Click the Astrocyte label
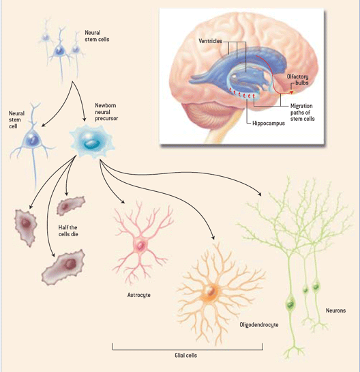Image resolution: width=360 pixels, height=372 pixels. pyautogui.click(x=139, y=295)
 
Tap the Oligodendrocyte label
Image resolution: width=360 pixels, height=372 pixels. pyautogui.click(x=259, y=325)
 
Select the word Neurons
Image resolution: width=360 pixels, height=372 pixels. pyautogui.click(x=335, y=311)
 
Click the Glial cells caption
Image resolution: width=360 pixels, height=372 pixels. pyautogui.click(x=186, y=355)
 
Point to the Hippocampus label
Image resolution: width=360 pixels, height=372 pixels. pyautogui.click(x=269, y=124)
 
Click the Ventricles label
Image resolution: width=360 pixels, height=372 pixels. pyautogui.click(x=211, y=41)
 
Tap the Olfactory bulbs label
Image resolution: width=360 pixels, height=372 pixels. pyautogui.click(x=298, y=80)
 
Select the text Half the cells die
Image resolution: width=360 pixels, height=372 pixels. pyautogui.click(x=68, y=231)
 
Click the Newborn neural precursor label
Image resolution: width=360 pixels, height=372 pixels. pyautogui.click(x=106, y=112)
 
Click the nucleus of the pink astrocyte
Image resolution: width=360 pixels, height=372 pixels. pyautogui.click(x=140, y=245)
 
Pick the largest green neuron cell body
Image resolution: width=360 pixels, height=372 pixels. pyautogui.click(x=290, y=304)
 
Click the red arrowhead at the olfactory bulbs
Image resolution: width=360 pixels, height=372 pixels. pyautogui.click(x=292, y=92)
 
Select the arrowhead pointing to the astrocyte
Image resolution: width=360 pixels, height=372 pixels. pyautogui.click(x=123, y=201)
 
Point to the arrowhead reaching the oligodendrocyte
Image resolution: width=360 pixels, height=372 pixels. pyautogui.click(x=213, y=238)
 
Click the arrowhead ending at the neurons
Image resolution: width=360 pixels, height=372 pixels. pyautogui.click(x=259, y=194)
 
